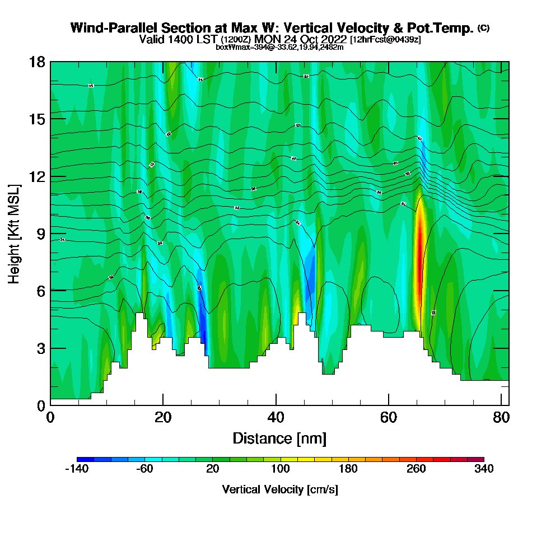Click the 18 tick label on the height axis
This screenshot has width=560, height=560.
[37, 62]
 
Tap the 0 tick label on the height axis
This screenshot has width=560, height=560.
[41, 405]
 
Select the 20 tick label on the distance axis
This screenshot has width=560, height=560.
[163, 418]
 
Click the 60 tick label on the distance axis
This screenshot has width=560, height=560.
[389, 418]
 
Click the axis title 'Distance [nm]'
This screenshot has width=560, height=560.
[279, 438]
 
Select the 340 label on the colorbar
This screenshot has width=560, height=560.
[484, 469]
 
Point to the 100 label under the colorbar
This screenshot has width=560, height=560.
[280, 469]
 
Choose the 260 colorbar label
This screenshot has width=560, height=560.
[416, 469]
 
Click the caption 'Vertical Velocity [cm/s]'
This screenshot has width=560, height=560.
[279, 489]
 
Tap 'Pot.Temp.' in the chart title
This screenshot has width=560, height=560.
[447, 28]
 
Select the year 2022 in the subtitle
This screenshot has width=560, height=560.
[332, 39]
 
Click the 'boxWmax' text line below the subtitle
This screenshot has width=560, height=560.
[279, 47]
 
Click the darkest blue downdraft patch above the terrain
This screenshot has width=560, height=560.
[203, 330]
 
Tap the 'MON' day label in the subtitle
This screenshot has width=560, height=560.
[267, 39]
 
